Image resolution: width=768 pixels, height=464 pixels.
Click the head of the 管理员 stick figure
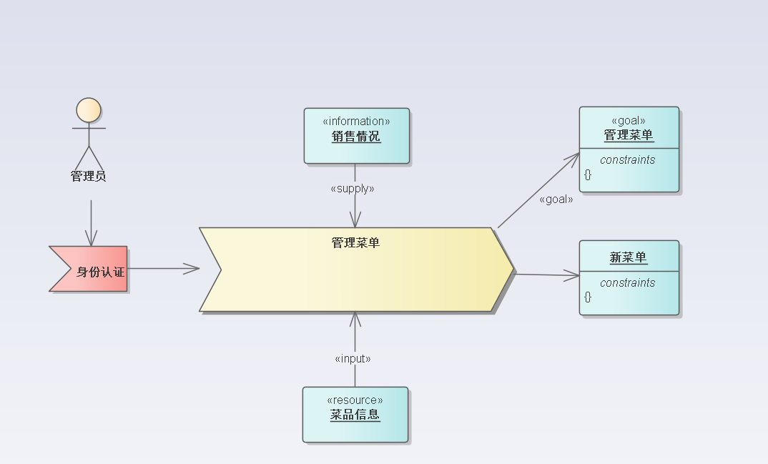[x=89, y=110]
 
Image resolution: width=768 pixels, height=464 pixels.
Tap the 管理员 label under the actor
[x=89, y=176]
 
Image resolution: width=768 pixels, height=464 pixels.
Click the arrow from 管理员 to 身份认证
[x=91, y=222]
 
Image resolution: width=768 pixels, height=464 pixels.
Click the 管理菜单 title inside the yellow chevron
[x=355, y=243]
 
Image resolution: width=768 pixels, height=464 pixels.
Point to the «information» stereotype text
[x=356, y=121]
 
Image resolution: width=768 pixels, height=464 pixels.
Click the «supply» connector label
[x=353, y=189]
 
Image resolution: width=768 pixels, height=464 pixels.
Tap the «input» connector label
[x=353, y=359]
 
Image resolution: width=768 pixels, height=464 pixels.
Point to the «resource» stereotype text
[x=355, y=400]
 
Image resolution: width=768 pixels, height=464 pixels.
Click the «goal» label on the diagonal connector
[x=556, y=199]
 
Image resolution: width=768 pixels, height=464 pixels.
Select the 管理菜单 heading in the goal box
[x=629, y=134]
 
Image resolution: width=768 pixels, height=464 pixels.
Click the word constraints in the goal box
[x=628, y=160]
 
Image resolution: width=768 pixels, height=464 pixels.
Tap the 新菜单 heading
[x=629, y=257]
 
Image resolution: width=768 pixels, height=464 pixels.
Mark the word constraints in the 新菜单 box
[x=628, y=283]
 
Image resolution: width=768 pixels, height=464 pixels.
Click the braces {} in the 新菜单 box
[x=588, y=297]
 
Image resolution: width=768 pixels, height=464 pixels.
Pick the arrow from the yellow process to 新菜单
[x=547, y=275]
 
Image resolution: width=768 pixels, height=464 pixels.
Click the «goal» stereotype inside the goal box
[x=629, y=120]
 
